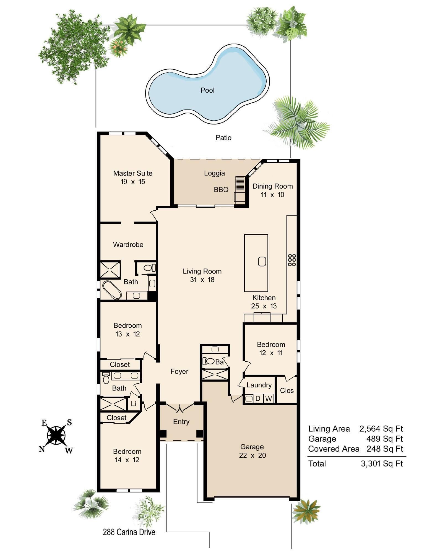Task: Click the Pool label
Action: point(207,90)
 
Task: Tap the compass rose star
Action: point(56,435)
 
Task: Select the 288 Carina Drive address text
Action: point(129,532)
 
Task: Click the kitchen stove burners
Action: point(292,260)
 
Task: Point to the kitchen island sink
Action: point(262,261)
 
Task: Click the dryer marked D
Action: point(258,398)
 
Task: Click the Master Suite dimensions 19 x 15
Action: point(133,182)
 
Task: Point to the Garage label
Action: point(252,447)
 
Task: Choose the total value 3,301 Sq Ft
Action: point(382,463)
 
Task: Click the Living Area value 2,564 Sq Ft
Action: point(381,429)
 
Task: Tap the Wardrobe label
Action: point(128,244)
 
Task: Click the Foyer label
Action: point(179,371)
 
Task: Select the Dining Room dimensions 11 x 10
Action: point(272,195)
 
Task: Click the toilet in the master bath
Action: point(149,268)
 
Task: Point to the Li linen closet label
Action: point(134,404)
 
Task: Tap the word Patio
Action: point(223,137)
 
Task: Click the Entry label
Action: point(181,421)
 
